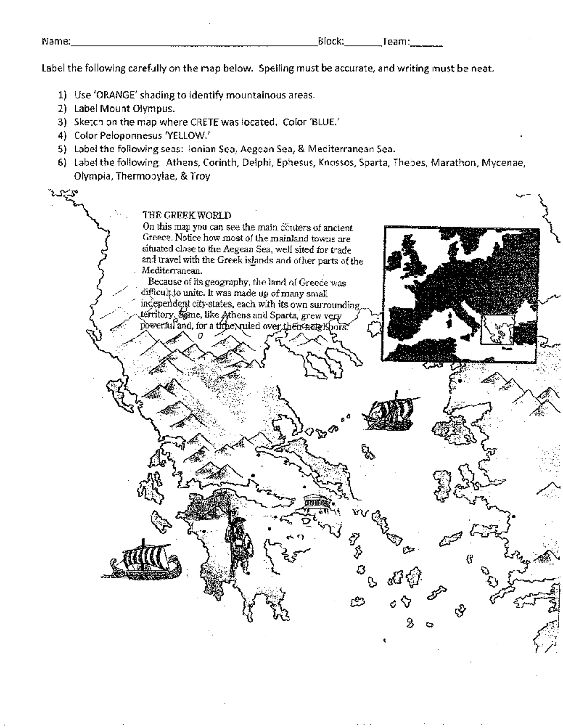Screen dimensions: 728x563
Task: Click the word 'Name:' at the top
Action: click(56, 42)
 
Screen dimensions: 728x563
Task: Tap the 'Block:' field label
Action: click(331, 41)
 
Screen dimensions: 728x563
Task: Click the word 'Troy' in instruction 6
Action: click(199, 176)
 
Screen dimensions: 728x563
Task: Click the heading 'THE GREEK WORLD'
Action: click(187, 216)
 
